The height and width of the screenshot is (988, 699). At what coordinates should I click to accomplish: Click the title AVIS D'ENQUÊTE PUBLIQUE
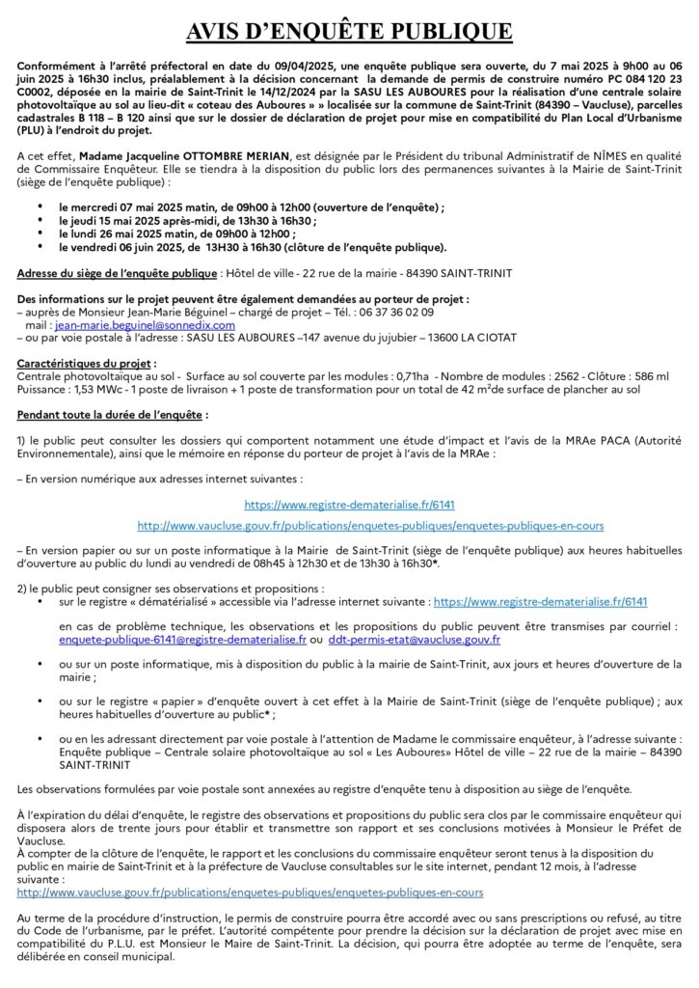click(349, 32)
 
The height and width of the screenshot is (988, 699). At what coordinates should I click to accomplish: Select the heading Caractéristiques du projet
click(85, 362)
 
